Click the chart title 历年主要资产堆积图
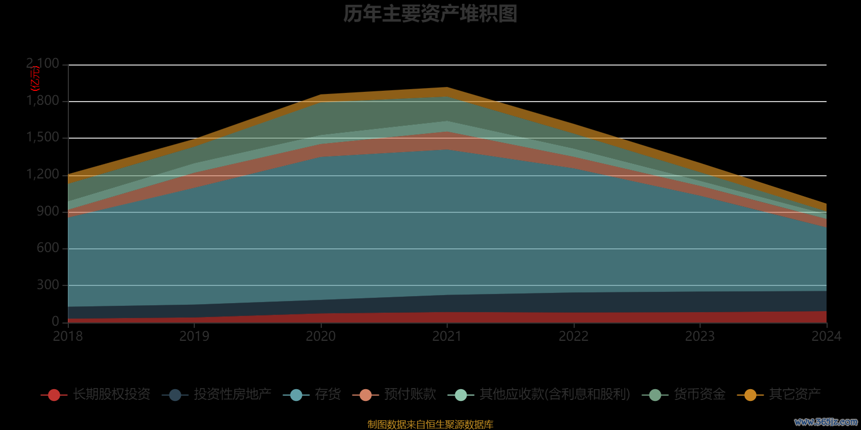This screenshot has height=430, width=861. click(430, 14)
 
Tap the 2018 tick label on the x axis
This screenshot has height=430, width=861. click(68, 336)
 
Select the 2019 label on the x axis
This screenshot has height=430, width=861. click(194, 336)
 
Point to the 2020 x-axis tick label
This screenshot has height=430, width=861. click(321, 336)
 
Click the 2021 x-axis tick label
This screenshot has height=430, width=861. click(447, 336)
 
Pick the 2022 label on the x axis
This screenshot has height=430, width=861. click(574, 336)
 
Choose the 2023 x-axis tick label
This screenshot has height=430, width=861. click(700, 336)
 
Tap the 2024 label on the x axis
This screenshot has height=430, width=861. click(826, 336)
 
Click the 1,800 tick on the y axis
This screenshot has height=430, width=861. click(43, 101)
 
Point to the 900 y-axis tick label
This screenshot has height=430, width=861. click(48, 211)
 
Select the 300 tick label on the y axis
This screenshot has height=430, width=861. click(48, 285)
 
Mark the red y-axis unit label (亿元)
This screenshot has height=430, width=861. click(35, 78)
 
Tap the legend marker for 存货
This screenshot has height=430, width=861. click(296, 395)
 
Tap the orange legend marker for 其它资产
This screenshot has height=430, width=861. click(750, 395)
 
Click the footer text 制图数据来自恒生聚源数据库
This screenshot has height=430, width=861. click(430, 425)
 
